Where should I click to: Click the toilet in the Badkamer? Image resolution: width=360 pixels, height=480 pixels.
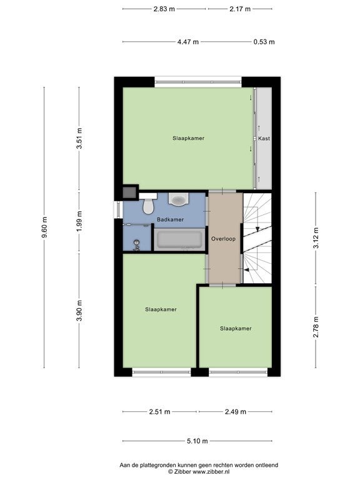point(149,206)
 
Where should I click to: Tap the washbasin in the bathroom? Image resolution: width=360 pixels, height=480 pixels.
point(179,199)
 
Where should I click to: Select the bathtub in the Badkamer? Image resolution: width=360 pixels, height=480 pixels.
point(179,239)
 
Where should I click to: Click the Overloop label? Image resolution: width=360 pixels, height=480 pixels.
point(224,239)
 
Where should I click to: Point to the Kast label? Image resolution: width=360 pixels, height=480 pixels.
point(264,138)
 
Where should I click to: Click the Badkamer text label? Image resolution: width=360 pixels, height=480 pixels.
point(170,219)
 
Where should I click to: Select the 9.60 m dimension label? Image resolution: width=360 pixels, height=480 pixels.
point(45,227)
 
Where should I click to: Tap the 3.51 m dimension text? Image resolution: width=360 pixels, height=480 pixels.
point(79,138)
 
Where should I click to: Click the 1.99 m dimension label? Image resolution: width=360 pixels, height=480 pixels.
point(79,222)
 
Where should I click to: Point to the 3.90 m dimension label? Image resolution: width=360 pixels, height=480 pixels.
point(79,311)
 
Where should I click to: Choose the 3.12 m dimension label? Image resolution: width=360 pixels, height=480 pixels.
point(316,238)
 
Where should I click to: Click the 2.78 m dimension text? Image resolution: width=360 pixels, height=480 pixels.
point(316,327)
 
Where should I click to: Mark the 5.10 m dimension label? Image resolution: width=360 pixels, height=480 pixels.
point(197,441)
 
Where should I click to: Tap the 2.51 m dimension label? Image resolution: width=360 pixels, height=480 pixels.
point(159,412)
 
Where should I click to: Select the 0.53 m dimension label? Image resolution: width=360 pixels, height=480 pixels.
point(264,42)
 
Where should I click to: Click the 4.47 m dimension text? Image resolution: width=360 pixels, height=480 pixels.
point(188,42)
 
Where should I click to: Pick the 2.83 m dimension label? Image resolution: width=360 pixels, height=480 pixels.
point(164,9)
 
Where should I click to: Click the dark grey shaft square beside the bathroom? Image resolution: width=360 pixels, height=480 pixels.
point(129,192)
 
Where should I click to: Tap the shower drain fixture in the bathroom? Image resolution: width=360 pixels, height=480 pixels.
point(136,245)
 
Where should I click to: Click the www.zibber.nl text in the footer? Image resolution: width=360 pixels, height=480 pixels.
point(211,472)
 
